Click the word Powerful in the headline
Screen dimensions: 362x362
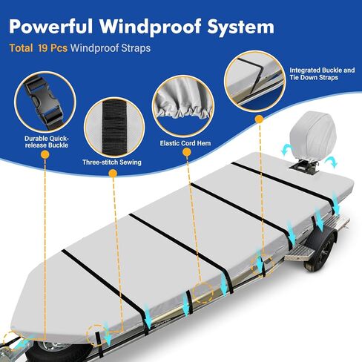click(50, 26)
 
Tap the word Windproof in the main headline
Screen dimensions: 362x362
click(150, 26)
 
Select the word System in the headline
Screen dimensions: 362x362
click(241, 27)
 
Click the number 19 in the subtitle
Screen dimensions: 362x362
click(43, 47)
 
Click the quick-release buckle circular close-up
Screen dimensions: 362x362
click(45, 102)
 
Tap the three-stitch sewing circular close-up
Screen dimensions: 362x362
click(114, 127)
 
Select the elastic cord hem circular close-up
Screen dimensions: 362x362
click(183, 106)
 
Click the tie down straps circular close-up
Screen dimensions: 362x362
click(255, 82)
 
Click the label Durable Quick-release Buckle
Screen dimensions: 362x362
click(46, 142)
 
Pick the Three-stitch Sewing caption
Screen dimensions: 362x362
click(112, 162)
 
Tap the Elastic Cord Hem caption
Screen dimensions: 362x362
click(185, 143)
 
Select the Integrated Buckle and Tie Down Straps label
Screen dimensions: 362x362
click(322, 73)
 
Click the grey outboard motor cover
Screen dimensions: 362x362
click(313, 134)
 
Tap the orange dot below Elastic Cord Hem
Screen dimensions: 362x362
click(187, 152)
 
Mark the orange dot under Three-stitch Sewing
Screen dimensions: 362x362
click(113, 174)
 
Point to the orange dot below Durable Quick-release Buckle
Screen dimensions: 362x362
click(45, 155)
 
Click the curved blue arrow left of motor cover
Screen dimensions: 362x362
click(287, 149)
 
